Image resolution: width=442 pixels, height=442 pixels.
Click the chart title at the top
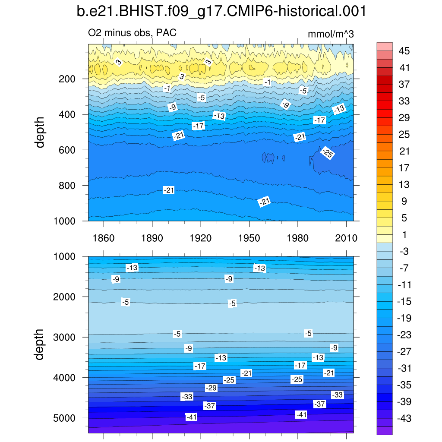point(221,12)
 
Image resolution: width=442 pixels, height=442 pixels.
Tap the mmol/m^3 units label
point(331,35)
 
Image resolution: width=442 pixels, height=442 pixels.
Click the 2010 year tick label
point(346,238)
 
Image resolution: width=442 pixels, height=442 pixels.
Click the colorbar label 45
point(404,51)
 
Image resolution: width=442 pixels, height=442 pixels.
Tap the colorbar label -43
point(404,418)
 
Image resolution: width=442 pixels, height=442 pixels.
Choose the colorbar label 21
point(404,151)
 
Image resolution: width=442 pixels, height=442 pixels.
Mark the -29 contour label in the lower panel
point(211,388)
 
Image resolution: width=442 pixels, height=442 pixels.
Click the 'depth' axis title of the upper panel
point(40,132)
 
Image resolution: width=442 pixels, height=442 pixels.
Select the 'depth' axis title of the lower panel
point(40,344)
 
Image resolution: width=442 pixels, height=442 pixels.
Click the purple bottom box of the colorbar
point(385,430)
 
